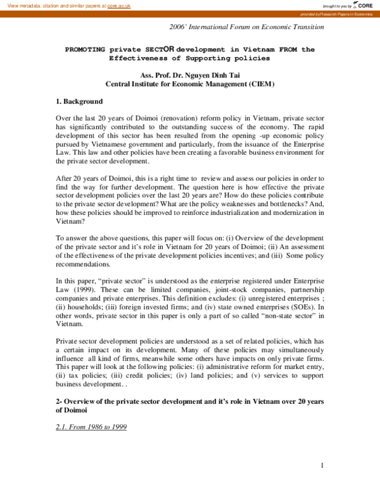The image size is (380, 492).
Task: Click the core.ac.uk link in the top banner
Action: tap(118, 5)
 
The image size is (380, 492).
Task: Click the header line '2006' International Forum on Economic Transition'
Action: tap(246, 27)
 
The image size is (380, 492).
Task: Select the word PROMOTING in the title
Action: tap(85, 49)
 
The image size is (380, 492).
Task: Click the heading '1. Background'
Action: tap(79, 101)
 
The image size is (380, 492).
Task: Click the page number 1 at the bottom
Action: tap(322, 466)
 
